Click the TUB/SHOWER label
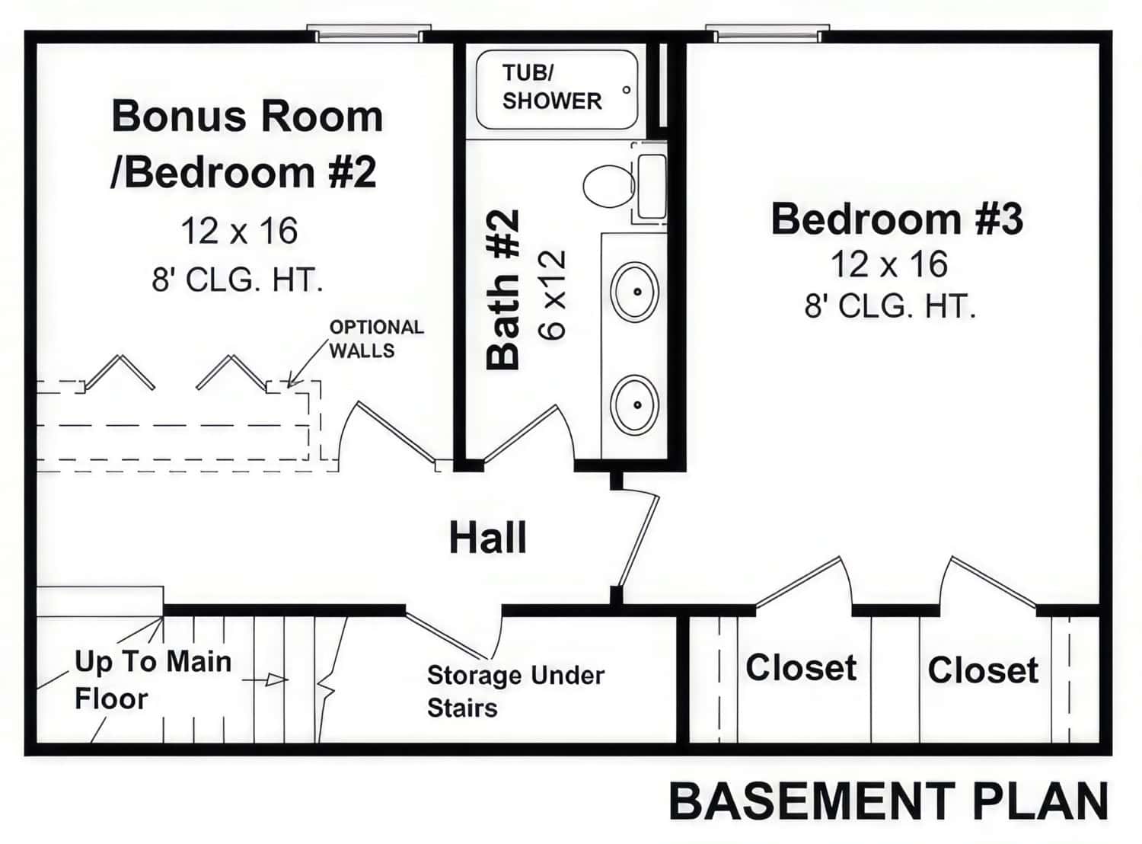[551, 87]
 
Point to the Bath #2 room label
[503, 289]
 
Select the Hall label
[487, 538]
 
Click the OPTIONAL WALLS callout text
[376, 338]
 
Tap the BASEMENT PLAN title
[888, 801]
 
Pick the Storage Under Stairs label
[515, 691]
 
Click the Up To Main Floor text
[152, 679]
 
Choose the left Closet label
[801, 668]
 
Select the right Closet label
[982, 670]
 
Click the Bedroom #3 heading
[897, 219]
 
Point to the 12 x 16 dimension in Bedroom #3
[888, 264]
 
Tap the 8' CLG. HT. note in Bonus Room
[238, 280]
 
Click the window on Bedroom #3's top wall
[767, 34]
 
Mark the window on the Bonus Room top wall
[368, 34]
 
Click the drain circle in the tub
[626, 90]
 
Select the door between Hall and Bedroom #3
[638, 539]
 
